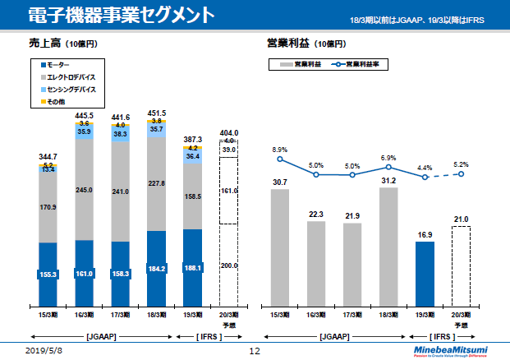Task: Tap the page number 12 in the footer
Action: [255, 351]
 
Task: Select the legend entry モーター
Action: [57, 64]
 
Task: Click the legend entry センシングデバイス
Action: [71, 88]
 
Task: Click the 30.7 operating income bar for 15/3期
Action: [280, 246]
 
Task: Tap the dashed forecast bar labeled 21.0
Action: [461, 264]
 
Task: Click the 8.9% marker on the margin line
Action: [280, 159]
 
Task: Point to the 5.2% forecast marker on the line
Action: [462, 173]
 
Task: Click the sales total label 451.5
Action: [156, 113]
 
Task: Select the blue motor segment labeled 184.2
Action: [156, 267]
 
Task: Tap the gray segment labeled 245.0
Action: [85, 190]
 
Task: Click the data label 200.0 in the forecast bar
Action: [228, 266]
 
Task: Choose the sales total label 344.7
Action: [48, 155]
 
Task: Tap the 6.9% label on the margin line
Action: [388, 158]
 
